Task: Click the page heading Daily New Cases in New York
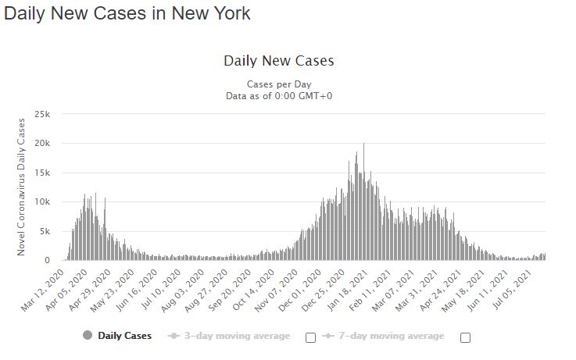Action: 127,15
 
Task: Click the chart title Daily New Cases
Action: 279,61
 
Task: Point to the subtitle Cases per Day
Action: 279,84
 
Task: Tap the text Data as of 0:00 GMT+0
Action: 279,96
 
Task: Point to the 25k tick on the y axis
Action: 43,114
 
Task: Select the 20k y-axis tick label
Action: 43,144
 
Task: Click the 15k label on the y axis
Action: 43,173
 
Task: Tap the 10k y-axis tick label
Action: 43,202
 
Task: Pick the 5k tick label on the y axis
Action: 45,231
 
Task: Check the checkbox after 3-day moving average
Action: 310,337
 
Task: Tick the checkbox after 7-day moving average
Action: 466,337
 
